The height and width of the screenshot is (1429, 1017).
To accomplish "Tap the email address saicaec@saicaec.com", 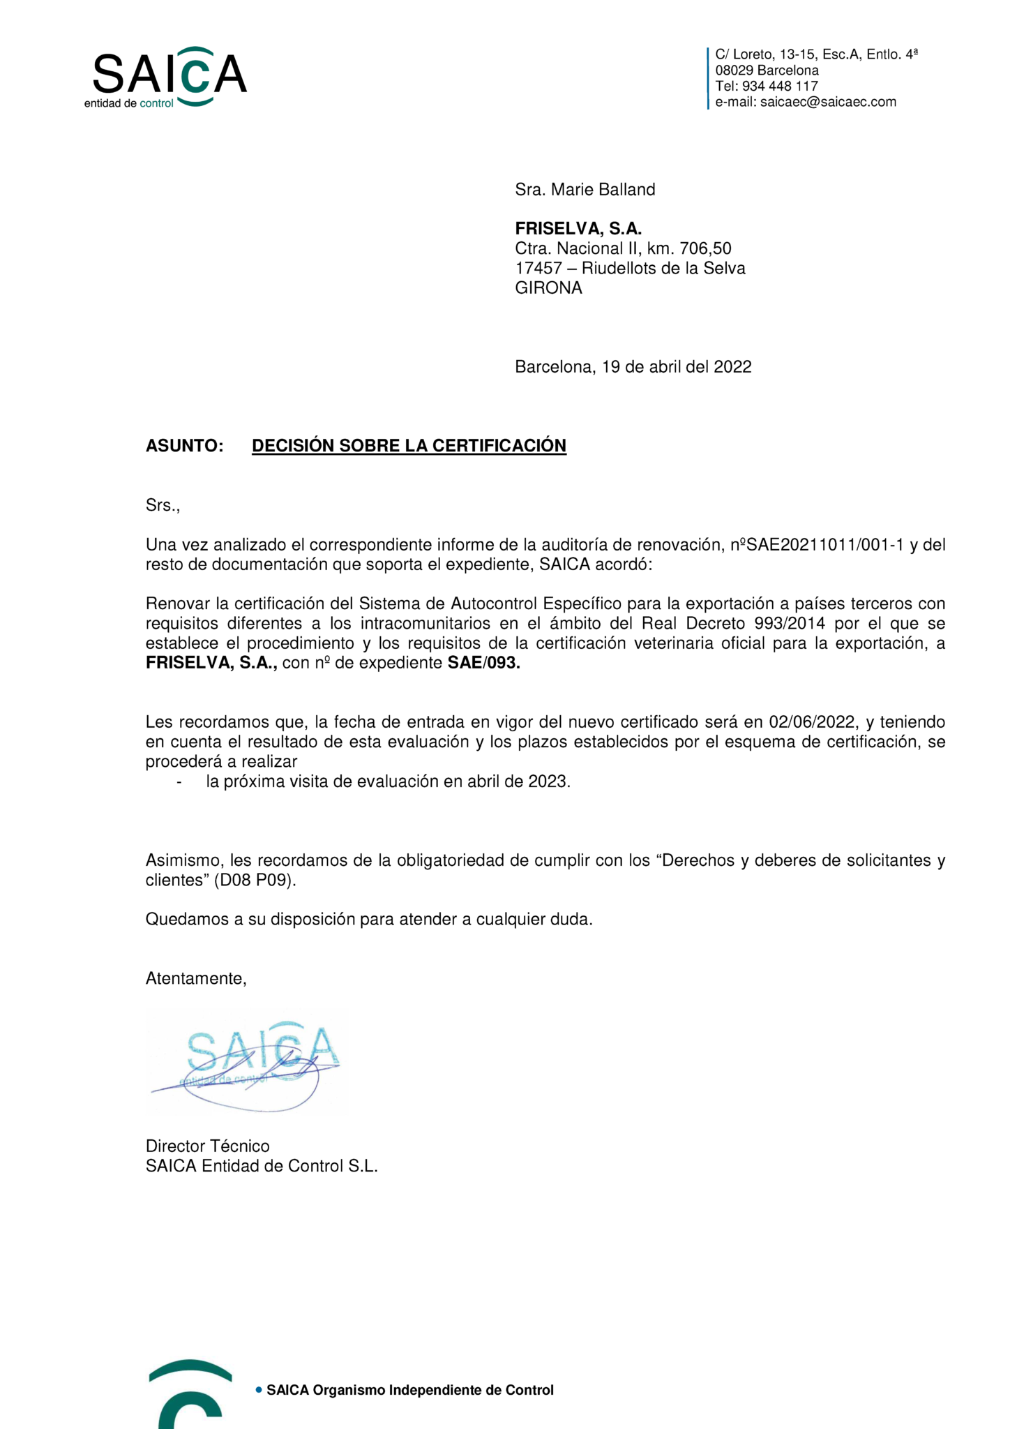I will tap(827, 102).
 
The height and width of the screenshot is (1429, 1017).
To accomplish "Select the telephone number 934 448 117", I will tap(779, 86).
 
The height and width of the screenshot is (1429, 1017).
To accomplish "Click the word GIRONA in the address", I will tap(548, 288).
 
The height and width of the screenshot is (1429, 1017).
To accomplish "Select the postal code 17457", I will tap(538, 269).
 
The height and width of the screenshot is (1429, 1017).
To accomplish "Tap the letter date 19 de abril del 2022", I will tap(676, 367).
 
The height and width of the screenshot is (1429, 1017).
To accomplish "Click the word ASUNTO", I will tap(184, 446).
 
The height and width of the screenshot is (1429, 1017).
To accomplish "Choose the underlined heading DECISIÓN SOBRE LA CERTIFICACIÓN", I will tap(409, 446).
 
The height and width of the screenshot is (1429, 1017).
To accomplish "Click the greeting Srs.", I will tap(163, 505).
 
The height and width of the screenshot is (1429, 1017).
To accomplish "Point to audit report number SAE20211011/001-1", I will tap(824, 545).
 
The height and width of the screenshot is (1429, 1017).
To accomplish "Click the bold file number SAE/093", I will tap(483, 663).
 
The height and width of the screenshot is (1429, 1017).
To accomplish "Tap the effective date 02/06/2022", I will tap(812, 722).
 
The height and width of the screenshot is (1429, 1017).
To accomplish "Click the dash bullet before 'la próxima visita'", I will tap(179, 781).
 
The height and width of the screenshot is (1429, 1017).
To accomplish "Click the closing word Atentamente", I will tap(195, 979).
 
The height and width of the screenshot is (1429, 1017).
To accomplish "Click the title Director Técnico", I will tap(207, 1146).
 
